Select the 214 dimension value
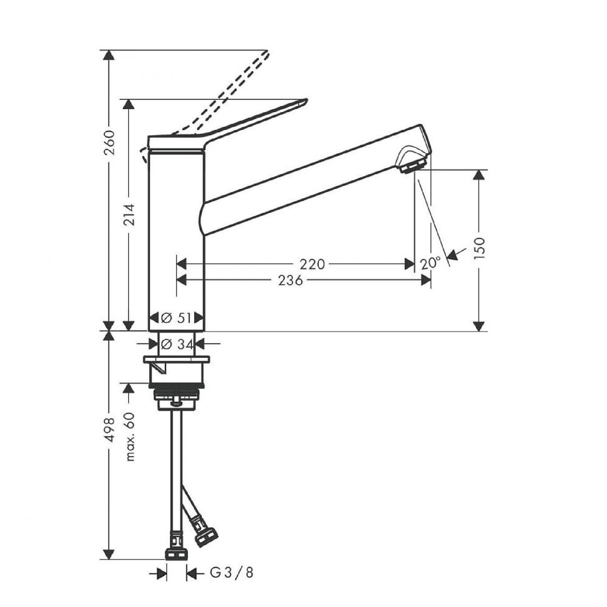coord(129,215)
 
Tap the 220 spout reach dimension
coord(312,264)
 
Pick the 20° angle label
coord(430,263)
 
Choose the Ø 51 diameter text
coord(176,318)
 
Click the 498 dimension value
coord(109,430)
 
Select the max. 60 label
coord(130,436)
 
